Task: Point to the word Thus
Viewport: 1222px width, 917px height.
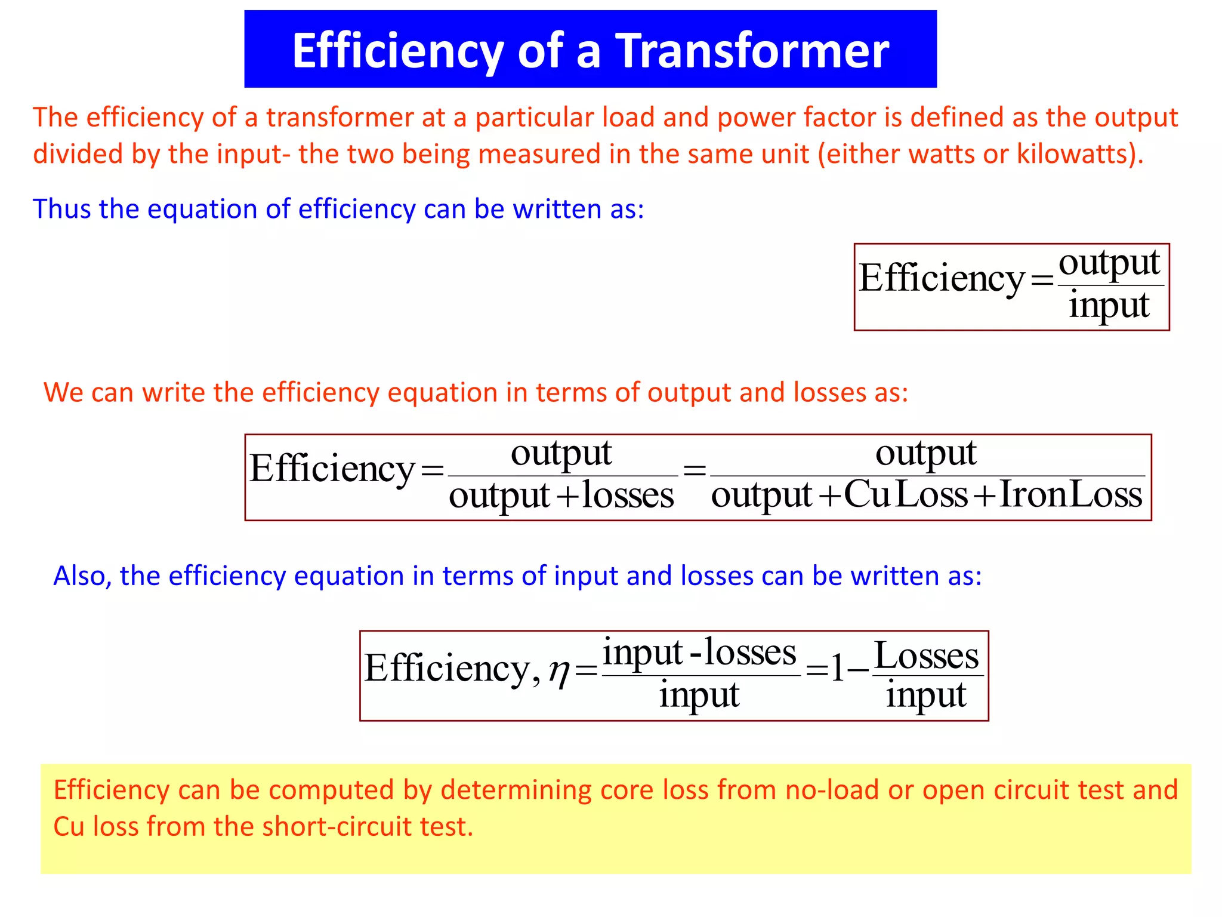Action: (62, 209)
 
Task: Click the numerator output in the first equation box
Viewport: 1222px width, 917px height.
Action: (1109, 263)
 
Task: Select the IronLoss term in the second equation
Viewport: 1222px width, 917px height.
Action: (1070, 495)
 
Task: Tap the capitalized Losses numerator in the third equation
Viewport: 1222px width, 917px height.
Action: (926, 656)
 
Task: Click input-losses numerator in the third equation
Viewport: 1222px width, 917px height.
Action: (699, 652)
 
